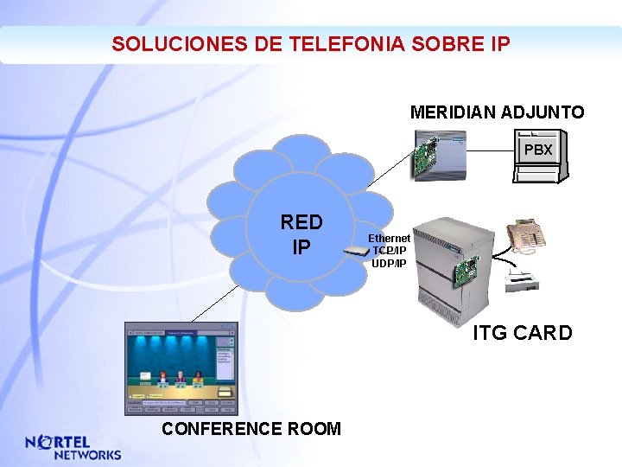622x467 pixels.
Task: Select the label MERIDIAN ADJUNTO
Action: (x=497, y=112)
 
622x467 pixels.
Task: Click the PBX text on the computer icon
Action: (x=538, y=150)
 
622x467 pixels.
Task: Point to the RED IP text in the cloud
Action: (x=301, y=234)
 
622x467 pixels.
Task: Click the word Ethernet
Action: (x=390, y=238)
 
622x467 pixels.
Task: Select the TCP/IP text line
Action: (x=390, y=250)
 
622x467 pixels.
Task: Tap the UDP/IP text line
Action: (x=389, y=262)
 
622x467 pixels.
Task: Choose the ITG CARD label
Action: (x=522, y=333)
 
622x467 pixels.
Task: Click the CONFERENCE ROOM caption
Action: (x=251, y=429)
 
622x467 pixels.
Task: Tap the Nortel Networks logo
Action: (x=73, y=447)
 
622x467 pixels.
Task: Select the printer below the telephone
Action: (x=523, y=278)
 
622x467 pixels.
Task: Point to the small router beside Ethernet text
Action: (x=355, y=252)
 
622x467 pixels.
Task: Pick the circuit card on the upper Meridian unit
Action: (x=424, y=159)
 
